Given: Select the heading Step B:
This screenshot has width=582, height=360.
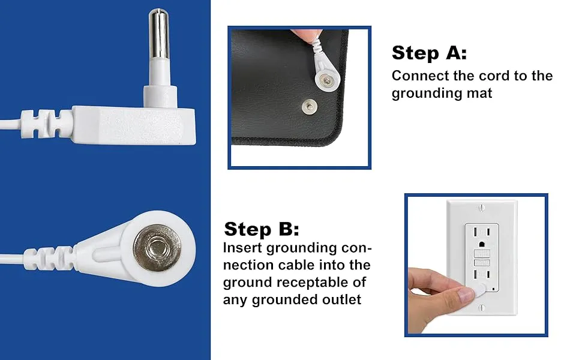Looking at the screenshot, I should tap(261, 229).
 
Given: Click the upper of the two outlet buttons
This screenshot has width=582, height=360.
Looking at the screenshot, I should tap(481, 254).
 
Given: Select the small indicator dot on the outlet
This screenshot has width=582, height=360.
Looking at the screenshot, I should tap(494, 290).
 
